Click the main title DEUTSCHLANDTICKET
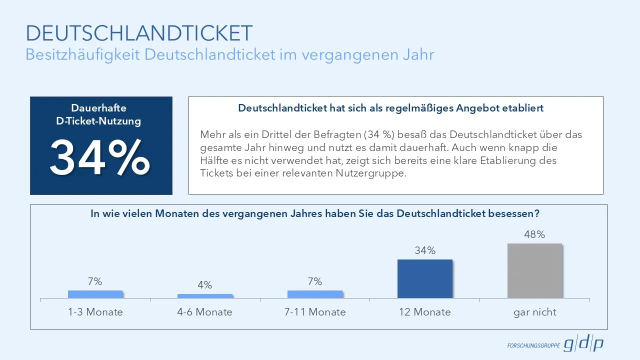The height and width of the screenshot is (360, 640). coord(139,33)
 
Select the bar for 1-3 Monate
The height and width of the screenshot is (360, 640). coord(95,294)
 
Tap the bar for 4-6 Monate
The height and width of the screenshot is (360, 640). coord(205,296)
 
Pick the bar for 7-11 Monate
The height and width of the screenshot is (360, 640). coord(315,294)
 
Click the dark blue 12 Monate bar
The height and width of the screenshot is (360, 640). coord(425,279)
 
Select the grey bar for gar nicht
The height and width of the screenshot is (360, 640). coord(534,271)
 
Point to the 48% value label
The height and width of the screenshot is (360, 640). coord(534,234)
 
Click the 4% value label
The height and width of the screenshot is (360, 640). coord(205,285)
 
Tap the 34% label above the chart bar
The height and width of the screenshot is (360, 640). coord(425,250)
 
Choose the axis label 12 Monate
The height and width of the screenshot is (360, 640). coord(425,312)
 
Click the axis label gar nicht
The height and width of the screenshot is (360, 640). coord(534,312)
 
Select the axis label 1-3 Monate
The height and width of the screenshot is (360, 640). coord(95,312)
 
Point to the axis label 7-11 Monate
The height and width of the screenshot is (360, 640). coord(315,312)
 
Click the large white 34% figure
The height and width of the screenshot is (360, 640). coord(100,157)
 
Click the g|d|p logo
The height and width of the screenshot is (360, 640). coord(583,344)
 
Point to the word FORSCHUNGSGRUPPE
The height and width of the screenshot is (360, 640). coord(533,346)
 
